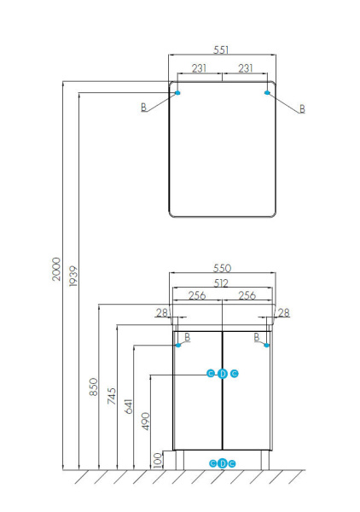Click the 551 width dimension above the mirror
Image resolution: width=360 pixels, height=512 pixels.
pos(223,50)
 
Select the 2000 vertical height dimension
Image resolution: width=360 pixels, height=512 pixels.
pos(56,270)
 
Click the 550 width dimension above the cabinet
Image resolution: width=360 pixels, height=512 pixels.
pos(222,268)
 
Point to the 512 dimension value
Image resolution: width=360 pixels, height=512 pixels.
pos(222,284)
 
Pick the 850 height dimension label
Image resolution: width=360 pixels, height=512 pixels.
pos(93,389)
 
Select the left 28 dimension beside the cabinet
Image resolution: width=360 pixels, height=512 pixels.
pos(161,313)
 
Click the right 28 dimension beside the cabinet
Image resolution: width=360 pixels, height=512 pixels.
pos(284,313)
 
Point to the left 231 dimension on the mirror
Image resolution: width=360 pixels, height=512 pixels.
pos(198,68)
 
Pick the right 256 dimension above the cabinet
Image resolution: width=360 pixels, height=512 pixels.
pos(247,296)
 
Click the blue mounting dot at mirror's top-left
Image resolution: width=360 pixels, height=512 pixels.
pos(177,92)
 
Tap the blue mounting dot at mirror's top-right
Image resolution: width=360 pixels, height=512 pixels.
pos(268,92)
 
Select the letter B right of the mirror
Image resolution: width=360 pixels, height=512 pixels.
pos(302,109)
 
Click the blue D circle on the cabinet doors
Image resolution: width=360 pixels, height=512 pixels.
pos(223,373)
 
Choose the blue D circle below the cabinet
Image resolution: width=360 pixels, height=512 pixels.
pos(223,463)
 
